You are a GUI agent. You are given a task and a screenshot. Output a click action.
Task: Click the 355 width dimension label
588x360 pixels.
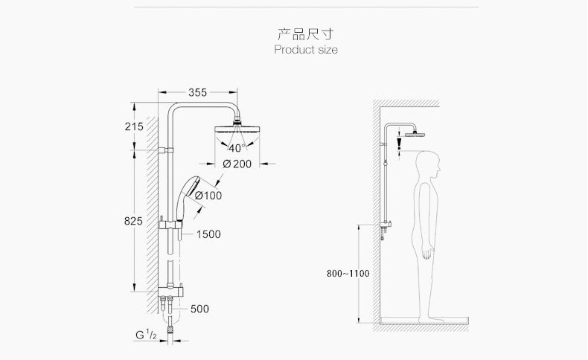tap(198, 92)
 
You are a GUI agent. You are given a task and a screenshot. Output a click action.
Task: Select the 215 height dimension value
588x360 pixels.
tap(134, 126)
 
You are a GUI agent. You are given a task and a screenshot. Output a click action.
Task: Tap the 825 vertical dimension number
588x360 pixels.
tap(133, 222)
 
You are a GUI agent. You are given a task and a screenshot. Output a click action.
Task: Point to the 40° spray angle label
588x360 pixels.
tap(237, 148)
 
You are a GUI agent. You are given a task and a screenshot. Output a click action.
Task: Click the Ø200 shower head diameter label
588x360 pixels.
tap(237, 164)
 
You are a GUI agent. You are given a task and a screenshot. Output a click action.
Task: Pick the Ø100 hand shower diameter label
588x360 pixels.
tap(208, 196)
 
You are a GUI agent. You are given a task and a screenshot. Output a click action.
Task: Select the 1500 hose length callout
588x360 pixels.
tap(208, 234)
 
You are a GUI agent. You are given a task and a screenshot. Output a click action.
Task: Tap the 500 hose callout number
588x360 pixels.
tap(199, 309)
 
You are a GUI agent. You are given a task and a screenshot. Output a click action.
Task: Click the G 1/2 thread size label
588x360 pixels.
tap(146, 335)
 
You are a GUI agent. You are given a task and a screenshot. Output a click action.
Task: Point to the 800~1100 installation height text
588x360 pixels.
tap(348, 274)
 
